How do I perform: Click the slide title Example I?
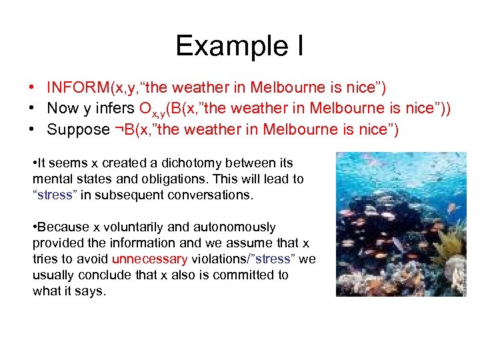pos(239,45)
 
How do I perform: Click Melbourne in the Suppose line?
pos(303,129)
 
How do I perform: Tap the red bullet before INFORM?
pos(33,87)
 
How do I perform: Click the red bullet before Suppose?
pos(33,129)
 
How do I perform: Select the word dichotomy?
pos(183,163)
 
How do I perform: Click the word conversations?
pos(209,195)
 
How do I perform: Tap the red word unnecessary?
pos(150,259)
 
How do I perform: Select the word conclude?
pos(97,275)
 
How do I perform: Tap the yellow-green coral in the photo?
pos(455,243)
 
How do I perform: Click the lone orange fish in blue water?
pos(451,208)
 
